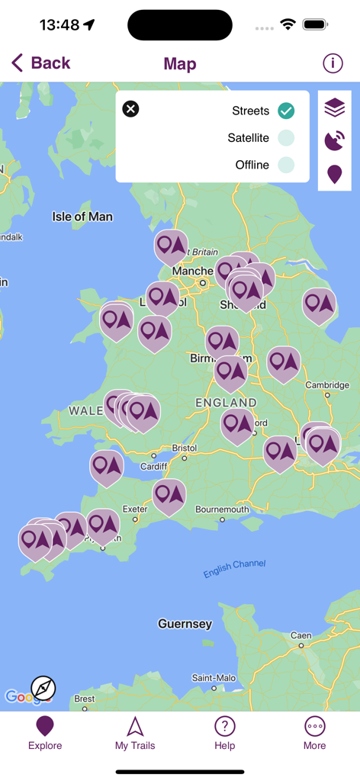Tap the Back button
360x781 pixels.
pos(41,63)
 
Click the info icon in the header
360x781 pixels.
pos(333,63)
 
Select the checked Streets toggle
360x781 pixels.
pos(286,111)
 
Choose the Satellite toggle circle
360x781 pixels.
pos(286,138)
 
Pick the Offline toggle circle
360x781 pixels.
pos(286,165)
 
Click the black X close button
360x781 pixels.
pos(131,109)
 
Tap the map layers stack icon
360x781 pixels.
pos(334,108)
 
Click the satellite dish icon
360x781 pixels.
pos(334,141)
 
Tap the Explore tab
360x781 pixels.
pos(45,732)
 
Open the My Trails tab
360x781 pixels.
pos(135,732)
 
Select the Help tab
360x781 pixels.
pos(224,732)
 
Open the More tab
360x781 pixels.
pos(314,732)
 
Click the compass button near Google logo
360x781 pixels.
pos(43,688)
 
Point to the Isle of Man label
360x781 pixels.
pos(82,217)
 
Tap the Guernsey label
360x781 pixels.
pos(185,624)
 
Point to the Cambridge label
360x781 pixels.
pos(327,385)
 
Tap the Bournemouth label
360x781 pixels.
pos(222,509)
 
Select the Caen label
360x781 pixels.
pos(301,635)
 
